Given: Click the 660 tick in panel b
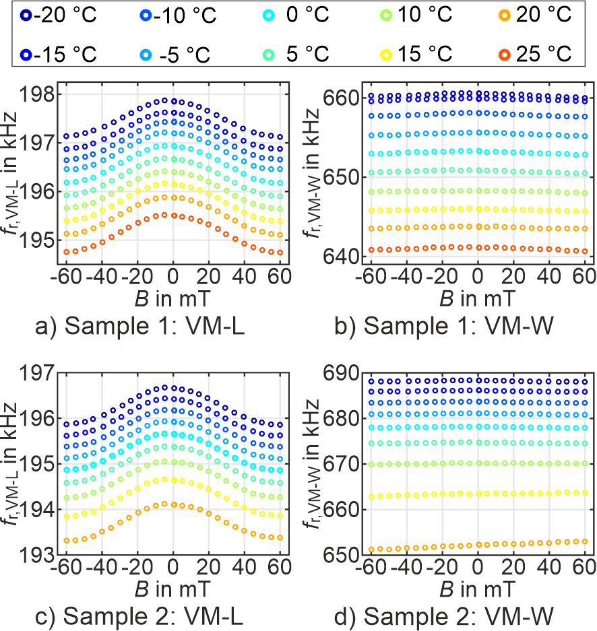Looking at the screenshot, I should click(345, 98).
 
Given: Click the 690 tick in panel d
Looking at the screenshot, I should click(345, 372).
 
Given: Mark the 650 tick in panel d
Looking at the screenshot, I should click(345, 556).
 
